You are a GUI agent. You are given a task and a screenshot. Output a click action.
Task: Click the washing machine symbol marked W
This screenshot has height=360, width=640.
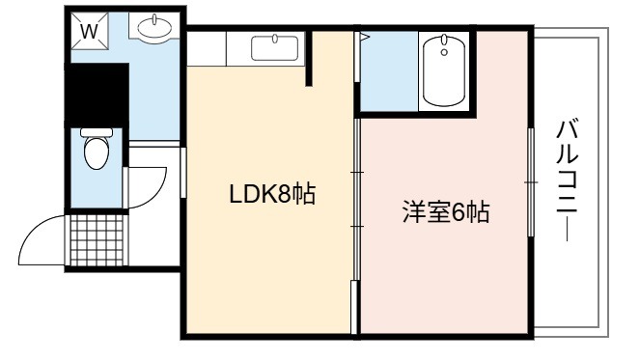pyautogui.click(x=90, y=31)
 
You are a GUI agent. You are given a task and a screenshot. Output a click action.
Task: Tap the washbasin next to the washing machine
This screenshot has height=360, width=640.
pyautogui.click(x=154, y=28)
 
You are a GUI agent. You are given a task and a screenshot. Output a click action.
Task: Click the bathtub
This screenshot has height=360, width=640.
pyautogui.click(x=444, y=70)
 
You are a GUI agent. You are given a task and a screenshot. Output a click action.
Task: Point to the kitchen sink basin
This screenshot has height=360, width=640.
pyautogui.click(x=275, y=48)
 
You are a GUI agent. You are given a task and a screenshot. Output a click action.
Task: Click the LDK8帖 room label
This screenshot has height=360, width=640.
pyautogui.click(x=272, y=194)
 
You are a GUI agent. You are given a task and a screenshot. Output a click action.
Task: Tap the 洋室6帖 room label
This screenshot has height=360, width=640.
pyautogui.click(x=446, y=211)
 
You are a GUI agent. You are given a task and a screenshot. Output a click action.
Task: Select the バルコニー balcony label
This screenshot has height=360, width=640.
pyautogui.click(x=568, y=180)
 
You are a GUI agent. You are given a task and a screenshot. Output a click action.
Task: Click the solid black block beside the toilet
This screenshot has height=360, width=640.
pyautogui.click(x=97, y=96)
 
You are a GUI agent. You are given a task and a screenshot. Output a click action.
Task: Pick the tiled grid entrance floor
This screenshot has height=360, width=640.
pyautogui.click(x=97, y=240)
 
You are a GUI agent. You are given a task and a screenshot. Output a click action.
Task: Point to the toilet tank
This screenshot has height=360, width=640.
pyautogui.click(x=97, y=132)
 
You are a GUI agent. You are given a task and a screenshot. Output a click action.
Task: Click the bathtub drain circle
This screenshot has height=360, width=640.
pyautogui.click(x=444, y=52)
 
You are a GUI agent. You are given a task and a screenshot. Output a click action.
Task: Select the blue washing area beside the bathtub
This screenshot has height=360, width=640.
pyautogui.click(x=389, y=71)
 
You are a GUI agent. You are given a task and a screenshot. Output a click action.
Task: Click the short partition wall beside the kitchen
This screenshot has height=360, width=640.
pyautogui.click(x=309, y=58)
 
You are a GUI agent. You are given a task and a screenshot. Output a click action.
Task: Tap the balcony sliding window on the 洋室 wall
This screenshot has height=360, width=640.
pyautogui.click(x=531, y=182)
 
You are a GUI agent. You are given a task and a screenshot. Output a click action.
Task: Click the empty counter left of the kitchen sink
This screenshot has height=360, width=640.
pyautogui.click(x=207, y=48)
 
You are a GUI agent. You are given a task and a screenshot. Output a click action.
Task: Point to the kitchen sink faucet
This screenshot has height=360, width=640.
pyautogui.click(x=275, y=39)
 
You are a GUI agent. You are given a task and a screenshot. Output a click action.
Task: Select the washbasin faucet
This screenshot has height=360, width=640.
pyautogui.click(x=154, y=18)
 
